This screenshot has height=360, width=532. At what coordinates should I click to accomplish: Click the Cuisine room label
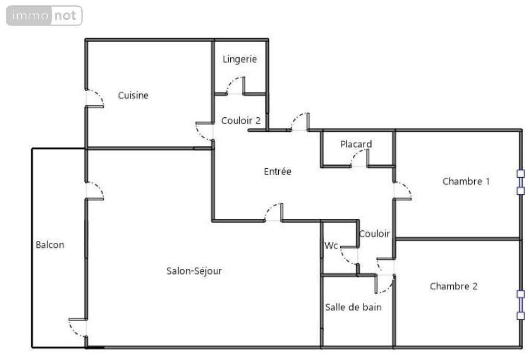(x=133, y=95)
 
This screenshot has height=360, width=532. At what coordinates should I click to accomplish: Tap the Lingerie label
(x=240, y=59)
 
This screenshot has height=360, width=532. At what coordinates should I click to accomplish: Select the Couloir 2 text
(x=241, y=120)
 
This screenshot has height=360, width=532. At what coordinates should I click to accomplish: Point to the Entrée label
(x=278, y=171)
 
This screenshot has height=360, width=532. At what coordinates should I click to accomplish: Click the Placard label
(x=356, y=144)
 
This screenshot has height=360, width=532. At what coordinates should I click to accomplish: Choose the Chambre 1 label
(x=466, y=181)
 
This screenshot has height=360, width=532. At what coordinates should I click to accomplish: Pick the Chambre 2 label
(x=454, y=287)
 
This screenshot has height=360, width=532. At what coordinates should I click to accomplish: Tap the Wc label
(x=331, y=245)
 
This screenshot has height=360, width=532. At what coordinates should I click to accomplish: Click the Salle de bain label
(x=353, y=307)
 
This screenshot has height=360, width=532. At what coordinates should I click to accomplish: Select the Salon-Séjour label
(x=194, y=271)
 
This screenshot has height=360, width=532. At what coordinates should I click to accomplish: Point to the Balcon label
(x=50, y=245)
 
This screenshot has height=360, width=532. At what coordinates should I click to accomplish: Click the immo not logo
(x=44, y=16)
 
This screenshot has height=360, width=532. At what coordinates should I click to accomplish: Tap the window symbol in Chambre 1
(x=521, y=182)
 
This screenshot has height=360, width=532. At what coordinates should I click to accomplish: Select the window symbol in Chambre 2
(x=521, y=305)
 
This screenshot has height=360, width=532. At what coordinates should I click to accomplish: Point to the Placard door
(x=359, y=158)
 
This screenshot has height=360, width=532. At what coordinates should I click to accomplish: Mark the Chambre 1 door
(x=403, y=191)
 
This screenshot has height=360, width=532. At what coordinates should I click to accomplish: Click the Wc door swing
(x=349, y=255)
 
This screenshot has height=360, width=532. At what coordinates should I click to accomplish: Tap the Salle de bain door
(x=385, y=283)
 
